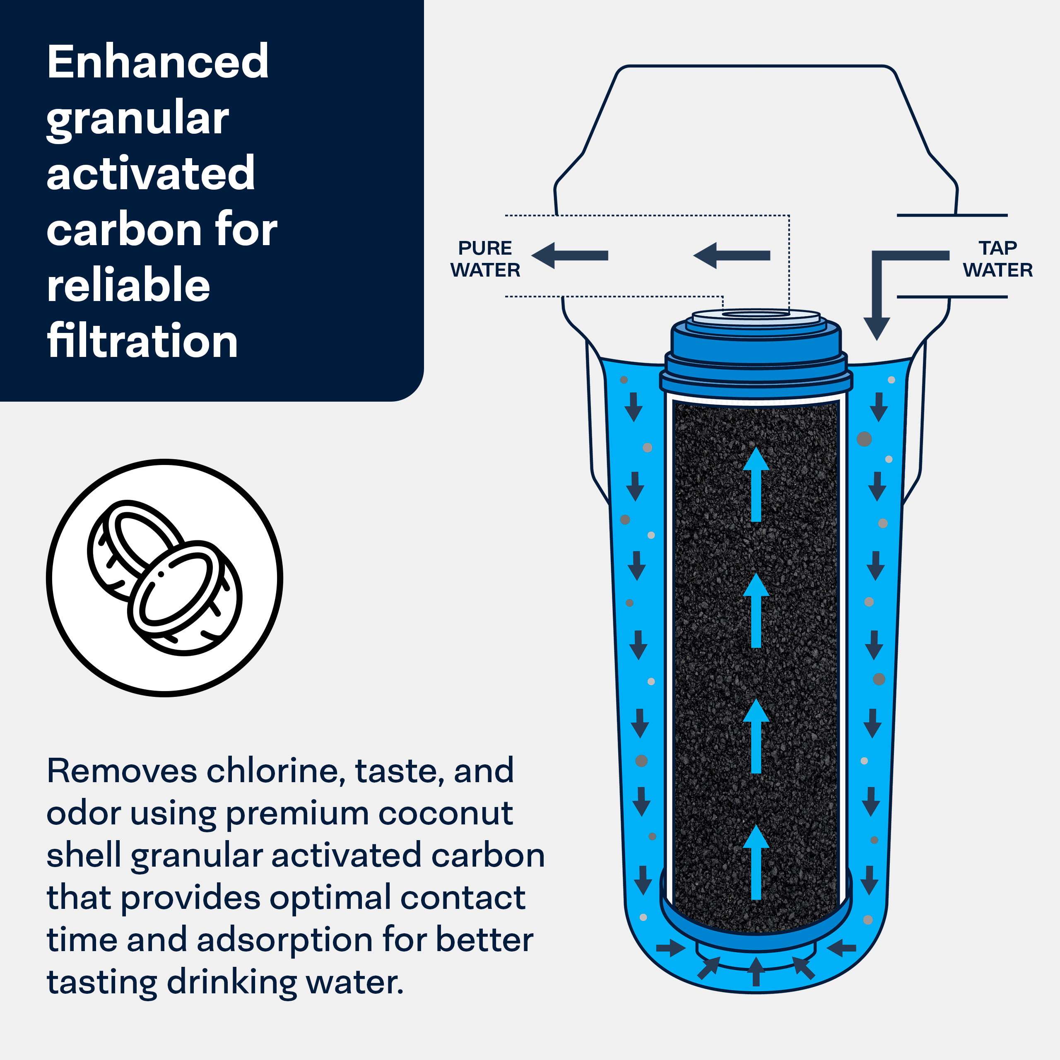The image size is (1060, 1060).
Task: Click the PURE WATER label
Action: [x=485, y=259]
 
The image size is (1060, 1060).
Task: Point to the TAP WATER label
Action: [x=997, y=259]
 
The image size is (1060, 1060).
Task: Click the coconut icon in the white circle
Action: [x=165, y=578]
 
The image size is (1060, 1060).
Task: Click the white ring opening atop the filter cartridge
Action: [x=756, y=316]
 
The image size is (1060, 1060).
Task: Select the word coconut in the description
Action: [x=446, y=813]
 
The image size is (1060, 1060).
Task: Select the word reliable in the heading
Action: [x=128, y=285]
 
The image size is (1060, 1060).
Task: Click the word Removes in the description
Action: [x=122, y=771]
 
